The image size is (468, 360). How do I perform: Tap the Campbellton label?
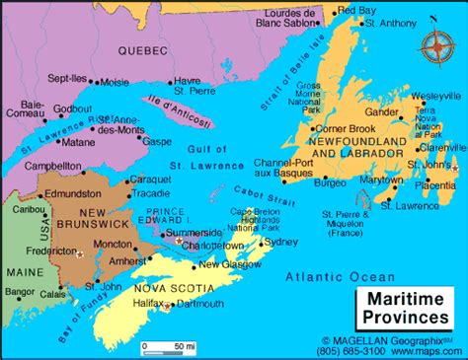[59, 167]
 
